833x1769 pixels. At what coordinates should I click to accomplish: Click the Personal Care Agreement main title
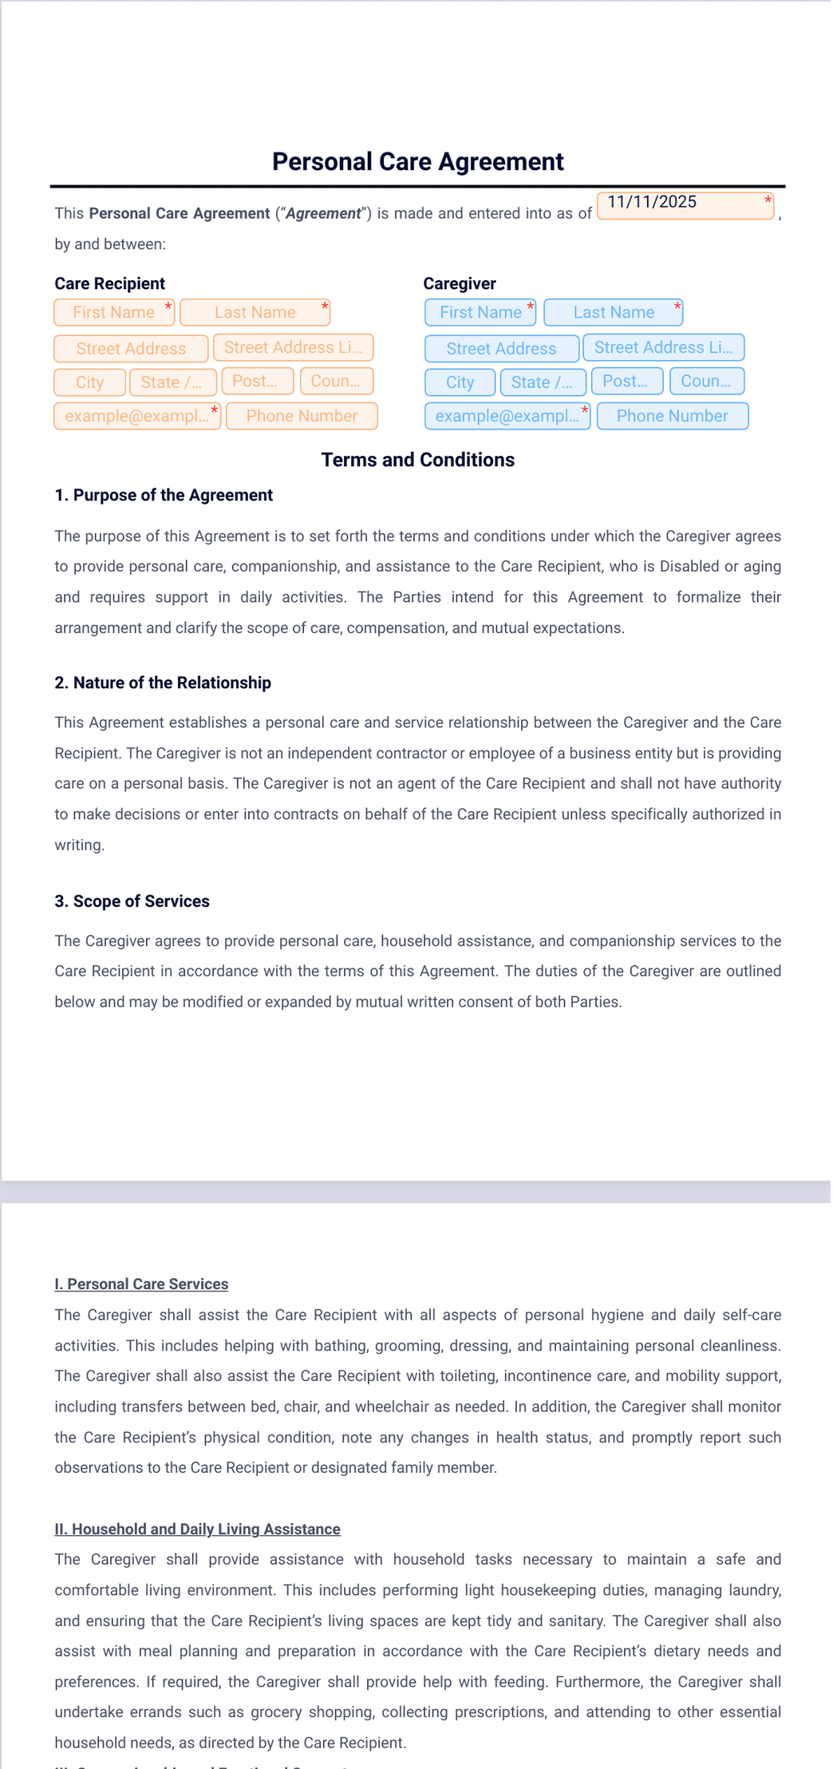click(417, 162)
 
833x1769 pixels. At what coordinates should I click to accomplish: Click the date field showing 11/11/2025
click(685, 205)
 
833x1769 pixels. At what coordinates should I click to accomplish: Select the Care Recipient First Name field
click(114, 312)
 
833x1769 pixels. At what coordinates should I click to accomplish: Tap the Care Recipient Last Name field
click(255, 312)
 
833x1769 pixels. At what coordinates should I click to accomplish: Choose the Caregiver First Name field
click(480, 312)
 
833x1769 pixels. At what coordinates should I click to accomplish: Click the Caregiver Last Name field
click(613, 312)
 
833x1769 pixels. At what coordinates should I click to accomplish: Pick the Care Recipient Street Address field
click(131, 349)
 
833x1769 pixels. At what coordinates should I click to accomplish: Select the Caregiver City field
click(460, 382)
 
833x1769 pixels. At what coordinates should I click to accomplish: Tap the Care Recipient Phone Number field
click(302, 416)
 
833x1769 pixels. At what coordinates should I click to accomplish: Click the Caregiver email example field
click(507, 416)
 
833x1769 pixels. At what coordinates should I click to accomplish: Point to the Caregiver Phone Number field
click(672, 416)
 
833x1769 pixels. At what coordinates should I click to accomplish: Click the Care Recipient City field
click(89, 382)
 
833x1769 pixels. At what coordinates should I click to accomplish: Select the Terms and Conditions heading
click(417, 460)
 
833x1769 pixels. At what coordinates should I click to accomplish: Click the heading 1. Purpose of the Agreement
click(164, 495)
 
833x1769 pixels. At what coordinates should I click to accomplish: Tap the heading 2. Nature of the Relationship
click(163, 683)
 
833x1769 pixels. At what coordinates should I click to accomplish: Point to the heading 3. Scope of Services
click(132, 901)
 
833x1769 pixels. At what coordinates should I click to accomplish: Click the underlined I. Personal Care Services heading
click(141, 1284)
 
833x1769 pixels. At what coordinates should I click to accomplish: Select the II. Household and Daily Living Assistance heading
click(197, 1529)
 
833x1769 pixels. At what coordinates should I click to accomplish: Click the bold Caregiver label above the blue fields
click(460, 283)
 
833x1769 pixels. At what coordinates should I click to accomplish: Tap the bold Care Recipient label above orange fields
click(109, 283)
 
